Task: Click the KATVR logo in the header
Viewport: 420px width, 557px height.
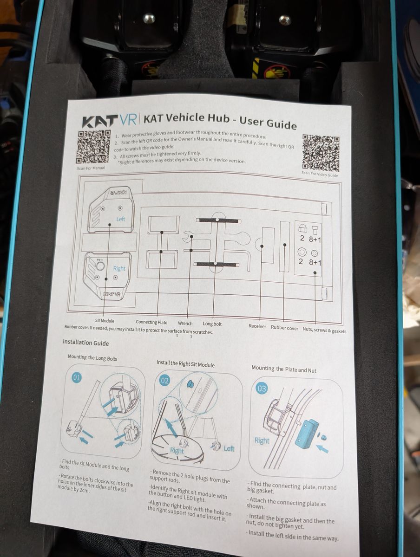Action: click(110, 120)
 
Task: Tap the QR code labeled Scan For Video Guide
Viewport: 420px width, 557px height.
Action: click(321, 153)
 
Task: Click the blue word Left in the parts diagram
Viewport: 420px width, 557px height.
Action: click(121, 219)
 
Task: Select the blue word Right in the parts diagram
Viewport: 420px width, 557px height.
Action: click(119, 268)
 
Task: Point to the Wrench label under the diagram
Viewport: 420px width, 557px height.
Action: click(185, 324)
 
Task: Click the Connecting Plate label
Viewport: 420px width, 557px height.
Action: click(151, 322)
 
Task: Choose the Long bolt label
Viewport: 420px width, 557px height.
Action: click(212, 324)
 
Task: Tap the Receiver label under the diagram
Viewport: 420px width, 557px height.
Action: click(257, 326)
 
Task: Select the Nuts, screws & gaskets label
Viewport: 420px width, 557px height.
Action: click(324, 330)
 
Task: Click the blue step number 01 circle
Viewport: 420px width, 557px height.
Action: click(77, 378)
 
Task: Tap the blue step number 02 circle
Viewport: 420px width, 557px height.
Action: click(165, 381)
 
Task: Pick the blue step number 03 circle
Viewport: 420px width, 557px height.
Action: click(262, 389)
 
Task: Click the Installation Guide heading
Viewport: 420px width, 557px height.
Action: click(86, 343)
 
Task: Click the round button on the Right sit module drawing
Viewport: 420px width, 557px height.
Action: click(100, 266)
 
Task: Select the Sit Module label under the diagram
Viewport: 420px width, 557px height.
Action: click(105, 321)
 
